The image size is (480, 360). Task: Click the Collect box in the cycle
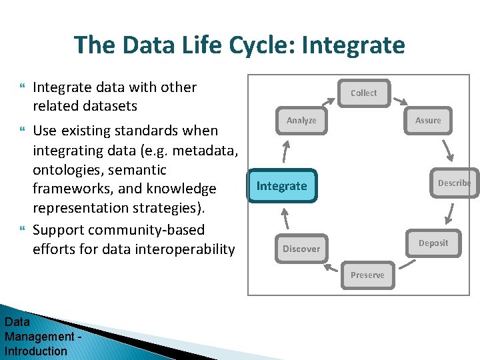coord(363,93)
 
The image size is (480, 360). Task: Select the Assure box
coord(428,120)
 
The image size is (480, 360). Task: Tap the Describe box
coord(454,183)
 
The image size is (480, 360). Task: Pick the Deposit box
coord(433,243)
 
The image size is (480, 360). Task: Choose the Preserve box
coord(367,275)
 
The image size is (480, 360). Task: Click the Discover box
coord(301,249)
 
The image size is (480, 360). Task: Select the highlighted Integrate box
coord(282,185)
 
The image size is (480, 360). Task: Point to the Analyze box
coord(301,120)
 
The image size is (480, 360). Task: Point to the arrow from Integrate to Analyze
coord(286,152)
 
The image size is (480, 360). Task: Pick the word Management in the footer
coord(39,337)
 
